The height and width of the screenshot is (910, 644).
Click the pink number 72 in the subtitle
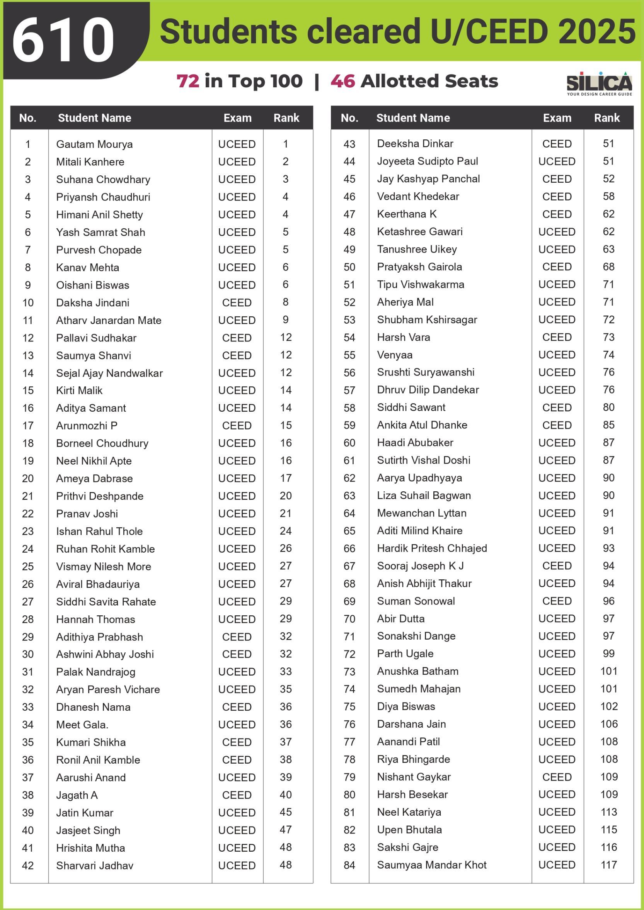click(x=187, y=81)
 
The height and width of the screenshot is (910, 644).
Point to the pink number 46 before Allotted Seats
click(x=342, y=81)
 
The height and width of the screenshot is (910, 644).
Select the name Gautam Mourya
click(x=94, y=144)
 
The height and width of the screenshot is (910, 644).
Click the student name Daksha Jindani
click(x=93, y=303)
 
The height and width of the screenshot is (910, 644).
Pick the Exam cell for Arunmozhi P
click(x=237, y=426)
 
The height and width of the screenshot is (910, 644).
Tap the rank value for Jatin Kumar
click(x=286, y=812)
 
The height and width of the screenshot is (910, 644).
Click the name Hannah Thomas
click(x=95, y=619)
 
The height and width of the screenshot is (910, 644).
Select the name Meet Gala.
click(x=82, y=725)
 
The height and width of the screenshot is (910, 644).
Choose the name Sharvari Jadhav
click(x=95, y=866)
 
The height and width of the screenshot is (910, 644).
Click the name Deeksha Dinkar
click(x=415, y=143)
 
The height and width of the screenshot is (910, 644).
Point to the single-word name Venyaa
click(x=395, y=355)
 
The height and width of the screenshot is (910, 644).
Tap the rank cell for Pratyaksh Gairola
click(x=608, y=267)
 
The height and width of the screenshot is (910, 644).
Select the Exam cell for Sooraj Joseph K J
click(x=557, y=566)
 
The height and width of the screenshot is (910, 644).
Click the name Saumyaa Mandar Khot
click(x=431, y=865)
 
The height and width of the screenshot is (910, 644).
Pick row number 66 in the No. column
click(x=349, y=548)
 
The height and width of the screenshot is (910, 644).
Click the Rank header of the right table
click(x=607, y=118)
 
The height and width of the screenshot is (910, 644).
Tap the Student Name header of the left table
click(x=94, y=118)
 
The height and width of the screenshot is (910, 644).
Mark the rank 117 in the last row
click(x=609, y=865)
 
